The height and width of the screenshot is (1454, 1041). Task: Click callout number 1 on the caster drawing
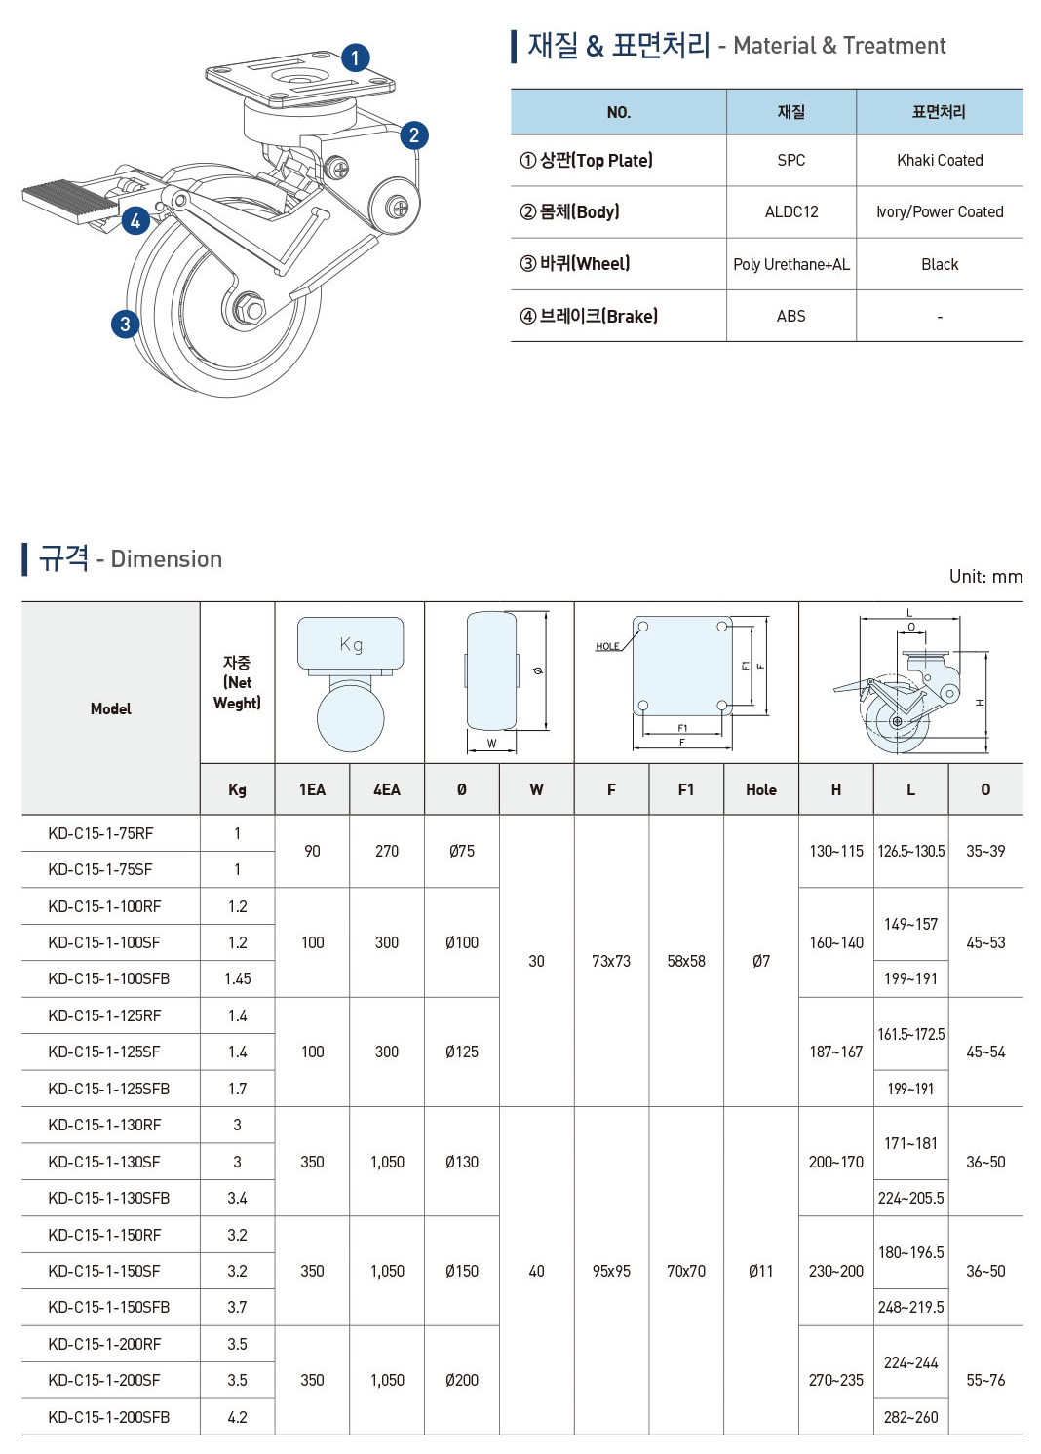click(x=355, y=57)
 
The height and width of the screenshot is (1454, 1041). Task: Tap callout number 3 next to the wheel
click(x=125, y=324)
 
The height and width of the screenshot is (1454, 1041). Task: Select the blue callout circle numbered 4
click(x=135, y=221)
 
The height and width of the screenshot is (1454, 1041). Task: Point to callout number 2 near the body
click(x=414, y=134)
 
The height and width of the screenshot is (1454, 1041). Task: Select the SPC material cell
click(x=790, y=160)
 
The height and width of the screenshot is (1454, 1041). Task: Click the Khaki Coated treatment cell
click(x=940, y=160)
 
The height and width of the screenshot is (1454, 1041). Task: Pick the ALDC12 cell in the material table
click(x=790, y=211)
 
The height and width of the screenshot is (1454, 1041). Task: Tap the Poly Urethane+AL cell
click(x=790, y=264)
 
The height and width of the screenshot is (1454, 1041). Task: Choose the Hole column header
click(x=760, y=789)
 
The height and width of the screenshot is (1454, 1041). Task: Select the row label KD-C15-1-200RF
click(x=104, y=1344)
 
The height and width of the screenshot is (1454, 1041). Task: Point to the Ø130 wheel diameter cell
click(x=461, y=1162)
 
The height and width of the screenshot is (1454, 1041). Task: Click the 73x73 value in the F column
click(x=611, y=961)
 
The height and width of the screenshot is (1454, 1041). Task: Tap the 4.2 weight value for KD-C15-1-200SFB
click(x=237, y=1417)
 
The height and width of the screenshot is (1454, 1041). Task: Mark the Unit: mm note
click(x=985, y=576)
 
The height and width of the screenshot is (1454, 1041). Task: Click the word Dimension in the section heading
click(x=166, y=559)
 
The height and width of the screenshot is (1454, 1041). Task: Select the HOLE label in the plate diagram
click(x=607, y=646)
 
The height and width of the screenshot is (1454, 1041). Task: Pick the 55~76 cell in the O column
click(x=984, y=1380)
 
